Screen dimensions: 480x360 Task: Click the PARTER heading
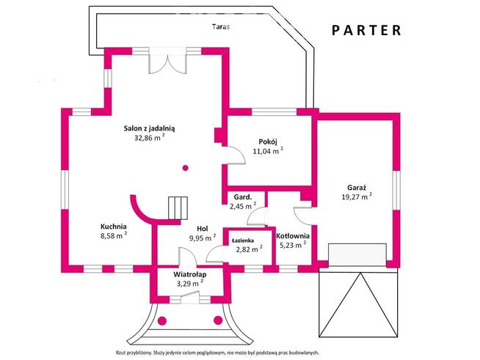coord(366,30)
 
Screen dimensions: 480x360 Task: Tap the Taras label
coord(221,26)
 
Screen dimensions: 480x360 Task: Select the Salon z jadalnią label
coord(149,128)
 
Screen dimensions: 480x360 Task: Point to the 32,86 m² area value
coord(150,137)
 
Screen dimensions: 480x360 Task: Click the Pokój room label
coord(268,142)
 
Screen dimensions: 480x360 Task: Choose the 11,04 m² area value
coord(268,150)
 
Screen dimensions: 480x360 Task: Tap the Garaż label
coord(357,188)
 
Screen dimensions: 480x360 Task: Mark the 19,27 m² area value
coord(357,196)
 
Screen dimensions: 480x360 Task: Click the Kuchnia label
coord(114,227)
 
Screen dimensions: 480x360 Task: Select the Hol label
coord(203,229)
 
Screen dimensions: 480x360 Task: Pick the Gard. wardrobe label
coord(243,197)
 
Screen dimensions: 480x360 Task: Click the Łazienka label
coord(243,240)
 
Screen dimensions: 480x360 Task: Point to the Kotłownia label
coord(293,236)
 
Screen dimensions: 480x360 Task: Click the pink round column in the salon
coord(185,168)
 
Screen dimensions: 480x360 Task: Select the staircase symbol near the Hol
coord(178,208)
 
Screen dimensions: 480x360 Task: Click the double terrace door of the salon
coord(167,60)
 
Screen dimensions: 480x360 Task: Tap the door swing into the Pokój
coord(236,155)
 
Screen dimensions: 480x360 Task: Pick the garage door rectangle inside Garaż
coord(357,254)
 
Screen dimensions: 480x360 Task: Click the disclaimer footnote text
coord(217,353)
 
